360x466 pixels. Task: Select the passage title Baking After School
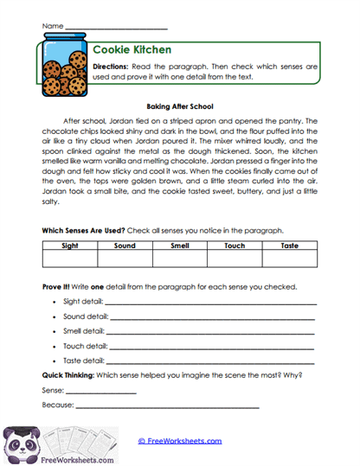pos(179,105)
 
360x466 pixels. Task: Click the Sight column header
pos(69,246)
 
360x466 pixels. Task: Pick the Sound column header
pos(125,246)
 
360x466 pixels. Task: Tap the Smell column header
pos(179,246)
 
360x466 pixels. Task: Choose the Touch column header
pos(235,246)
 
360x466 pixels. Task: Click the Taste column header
pos(290,246)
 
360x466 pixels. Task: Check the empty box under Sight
pos(69,259)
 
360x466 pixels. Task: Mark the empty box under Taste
pos(290,259)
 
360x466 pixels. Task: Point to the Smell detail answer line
pos(211,332)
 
